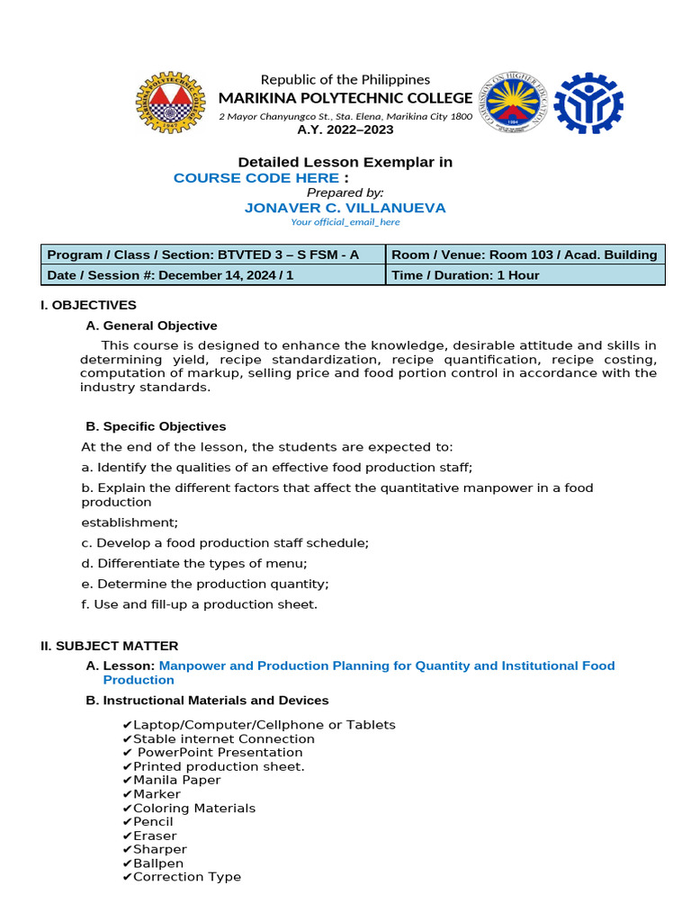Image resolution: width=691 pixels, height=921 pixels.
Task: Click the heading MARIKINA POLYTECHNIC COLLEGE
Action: (345, 98)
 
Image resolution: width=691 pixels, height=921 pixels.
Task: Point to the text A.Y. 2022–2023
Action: (345, 130)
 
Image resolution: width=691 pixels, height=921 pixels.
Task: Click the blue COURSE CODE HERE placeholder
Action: (256, 178)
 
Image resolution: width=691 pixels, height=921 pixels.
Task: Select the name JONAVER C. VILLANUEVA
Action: (345, 208)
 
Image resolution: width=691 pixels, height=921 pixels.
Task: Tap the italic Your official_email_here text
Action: (345, 222)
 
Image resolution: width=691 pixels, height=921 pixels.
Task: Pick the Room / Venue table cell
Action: (525, 255)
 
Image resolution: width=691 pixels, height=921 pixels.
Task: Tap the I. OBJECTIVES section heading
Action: (88, 305)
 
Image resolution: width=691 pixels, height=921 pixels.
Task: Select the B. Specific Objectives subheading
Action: (156, 426)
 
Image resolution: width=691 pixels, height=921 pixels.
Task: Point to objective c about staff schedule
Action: (225, 543)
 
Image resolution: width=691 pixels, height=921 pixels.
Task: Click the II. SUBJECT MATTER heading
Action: (110, 646)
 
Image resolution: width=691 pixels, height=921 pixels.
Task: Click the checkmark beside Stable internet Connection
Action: (127, 739)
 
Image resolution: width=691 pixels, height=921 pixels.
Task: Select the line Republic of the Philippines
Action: (345, 79)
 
